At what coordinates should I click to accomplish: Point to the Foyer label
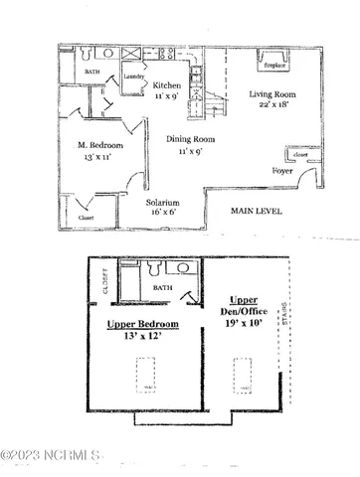click(282, 171)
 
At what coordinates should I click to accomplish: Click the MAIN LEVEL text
click(258, 211)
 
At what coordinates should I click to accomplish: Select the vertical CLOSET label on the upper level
click(102, 287)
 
